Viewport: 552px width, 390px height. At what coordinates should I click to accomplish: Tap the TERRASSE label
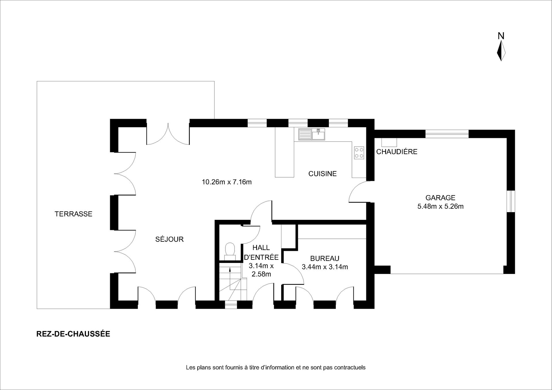[x=74, y=214]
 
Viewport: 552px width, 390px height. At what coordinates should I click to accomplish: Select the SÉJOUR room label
[x=169, y=239]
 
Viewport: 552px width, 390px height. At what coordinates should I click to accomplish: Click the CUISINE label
[x=322, y=174]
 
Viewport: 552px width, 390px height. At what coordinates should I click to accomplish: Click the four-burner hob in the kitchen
[x=359, y=153]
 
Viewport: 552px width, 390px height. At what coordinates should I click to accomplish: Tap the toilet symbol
[x=230, y=251]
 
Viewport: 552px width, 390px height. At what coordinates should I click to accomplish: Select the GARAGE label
[x=440, y=198]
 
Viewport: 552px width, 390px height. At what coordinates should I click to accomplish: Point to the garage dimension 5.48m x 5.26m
[x=440, y=206]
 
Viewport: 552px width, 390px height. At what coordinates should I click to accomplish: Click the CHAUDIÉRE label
[x=397, y=152]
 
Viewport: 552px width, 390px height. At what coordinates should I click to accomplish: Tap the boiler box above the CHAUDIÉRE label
[x=389, y=142]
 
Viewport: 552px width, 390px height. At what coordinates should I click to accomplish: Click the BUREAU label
[x=325, y=258]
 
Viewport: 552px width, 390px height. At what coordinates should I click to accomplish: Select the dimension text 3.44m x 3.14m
[x=325, y=267]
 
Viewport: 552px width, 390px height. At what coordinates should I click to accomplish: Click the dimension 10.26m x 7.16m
[x=227, y=182]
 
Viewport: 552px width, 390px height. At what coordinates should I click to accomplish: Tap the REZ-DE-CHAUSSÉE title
[x=73, y=334]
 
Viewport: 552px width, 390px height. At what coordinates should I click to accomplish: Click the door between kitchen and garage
[x=358, y=192]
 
